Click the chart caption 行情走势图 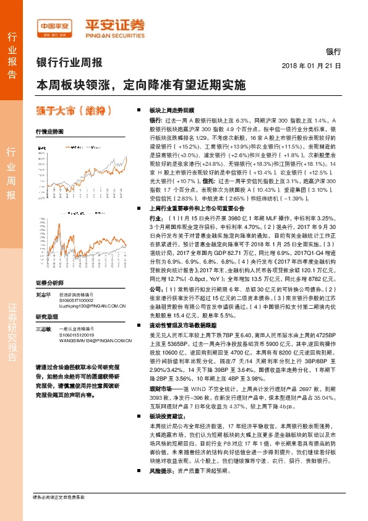tap(49, 132)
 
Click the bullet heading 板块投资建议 tap(166, 435)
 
